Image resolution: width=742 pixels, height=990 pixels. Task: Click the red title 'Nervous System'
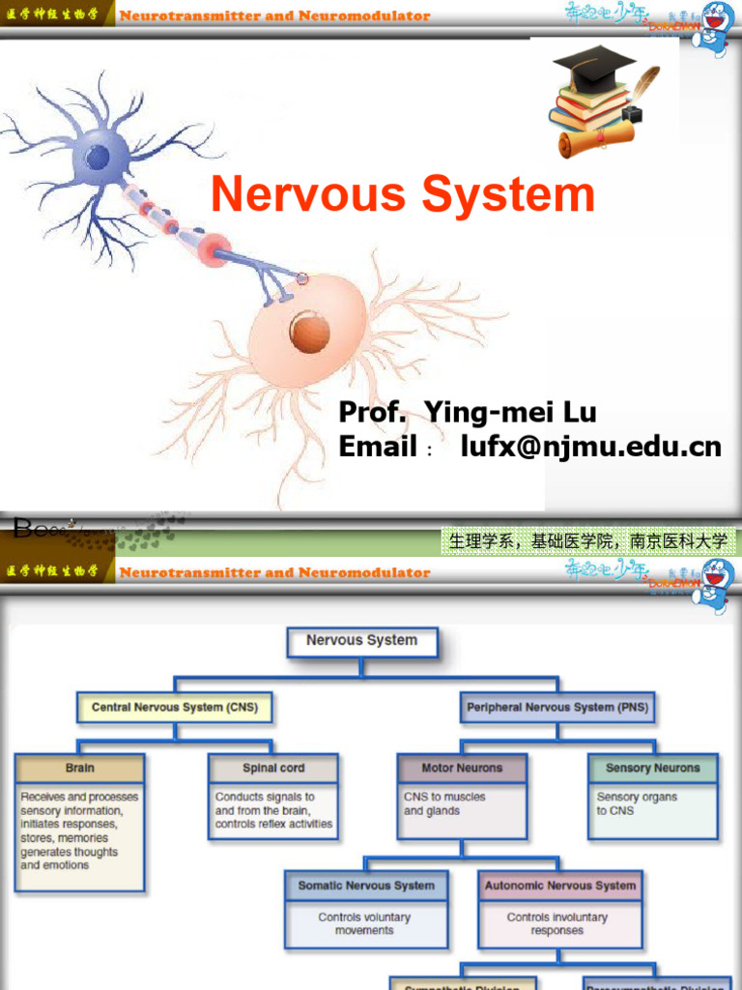pyautogui.click(x=403, y=194)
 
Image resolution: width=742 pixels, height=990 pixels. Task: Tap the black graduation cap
pyautogui.click(x=593, y=67)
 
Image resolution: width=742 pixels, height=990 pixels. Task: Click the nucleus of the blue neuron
pyautogui.click(x=98, y=157)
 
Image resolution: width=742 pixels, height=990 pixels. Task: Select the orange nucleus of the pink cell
pyautogui.click(x=310, y=332)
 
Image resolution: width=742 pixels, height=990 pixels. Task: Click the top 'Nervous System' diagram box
pyautogui.click(x=362, y=640)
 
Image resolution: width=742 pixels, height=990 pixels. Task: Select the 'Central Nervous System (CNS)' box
pyautogui.click(x=174, y=707)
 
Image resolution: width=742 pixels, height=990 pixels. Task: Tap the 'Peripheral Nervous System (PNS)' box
pyautogui.click(x=557, y=707)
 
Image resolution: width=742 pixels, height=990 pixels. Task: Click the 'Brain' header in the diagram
pyautogui.click(x=80, y=768)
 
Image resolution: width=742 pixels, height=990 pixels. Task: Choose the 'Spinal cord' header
pyautogui.click(x=273, y=768)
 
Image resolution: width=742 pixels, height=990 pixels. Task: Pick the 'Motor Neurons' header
pyautogui.click(x=462, y=768)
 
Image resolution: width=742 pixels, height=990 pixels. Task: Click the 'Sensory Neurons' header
pyautogui.click(x=653, y=768)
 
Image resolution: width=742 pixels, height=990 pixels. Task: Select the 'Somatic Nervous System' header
pyautogui.click(x=366, y=885)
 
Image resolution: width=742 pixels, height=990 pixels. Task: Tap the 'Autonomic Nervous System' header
pyautogui.click(x=560, y=885)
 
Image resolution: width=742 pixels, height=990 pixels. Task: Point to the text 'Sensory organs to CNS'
pyautogui.click(x=637, y=803)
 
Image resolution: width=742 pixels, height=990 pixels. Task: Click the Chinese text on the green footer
pyautogui.click(x=587, y=541)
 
